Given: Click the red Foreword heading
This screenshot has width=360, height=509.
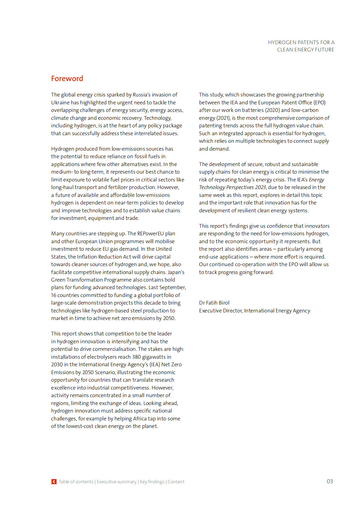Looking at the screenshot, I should (67, 79).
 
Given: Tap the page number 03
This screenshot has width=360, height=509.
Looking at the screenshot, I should (329, 481).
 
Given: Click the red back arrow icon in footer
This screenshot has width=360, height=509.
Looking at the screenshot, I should (54, 481).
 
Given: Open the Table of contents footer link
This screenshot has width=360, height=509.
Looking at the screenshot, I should (76, 482).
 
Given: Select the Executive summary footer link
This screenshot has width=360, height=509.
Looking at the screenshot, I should (116, 482).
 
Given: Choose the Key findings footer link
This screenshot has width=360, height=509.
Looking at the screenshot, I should (152, 482).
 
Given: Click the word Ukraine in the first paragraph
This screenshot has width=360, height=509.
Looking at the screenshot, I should (60, 103).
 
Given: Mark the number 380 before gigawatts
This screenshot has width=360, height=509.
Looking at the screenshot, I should (136, 357).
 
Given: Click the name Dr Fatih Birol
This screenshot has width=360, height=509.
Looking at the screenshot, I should (214, 303).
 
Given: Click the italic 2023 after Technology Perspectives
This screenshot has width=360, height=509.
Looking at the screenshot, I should (260, 187).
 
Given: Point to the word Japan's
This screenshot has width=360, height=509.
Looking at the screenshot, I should (176, 272).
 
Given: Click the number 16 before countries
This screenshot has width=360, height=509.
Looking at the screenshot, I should (54, 295).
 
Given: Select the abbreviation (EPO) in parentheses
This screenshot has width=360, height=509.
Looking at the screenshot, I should (319, 103).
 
